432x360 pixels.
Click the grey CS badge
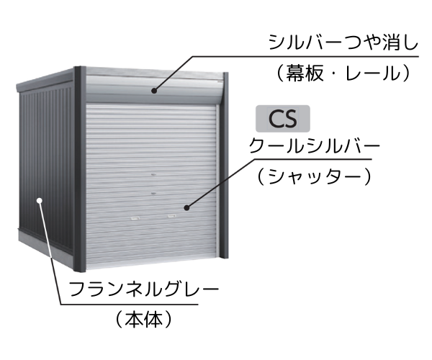pos(283,119)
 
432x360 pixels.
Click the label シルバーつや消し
pos(343,42)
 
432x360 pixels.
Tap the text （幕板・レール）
pos(343,73)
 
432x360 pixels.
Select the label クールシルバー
pos(315,145)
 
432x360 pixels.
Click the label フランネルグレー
pos(144,289)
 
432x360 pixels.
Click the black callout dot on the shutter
pos(187,208)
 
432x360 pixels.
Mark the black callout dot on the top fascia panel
pos(154,90)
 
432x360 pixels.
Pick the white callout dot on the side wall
pos(40,201)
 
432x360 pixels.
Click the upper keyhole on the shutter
pos(154,175)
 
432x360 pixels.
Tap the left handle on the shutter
pos(135,218)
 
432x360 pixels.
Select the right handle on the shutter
pos(172,216)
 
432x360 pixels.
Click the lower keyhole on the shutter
pos(154,194)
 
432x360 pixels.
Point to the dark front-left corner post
pos(80,169)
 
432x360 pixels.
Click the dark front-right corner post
pos(225,166)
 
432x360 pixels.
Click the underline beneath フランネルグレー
pos(130,305)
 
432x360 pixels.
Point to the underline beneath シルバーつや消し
pos(305,56)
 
